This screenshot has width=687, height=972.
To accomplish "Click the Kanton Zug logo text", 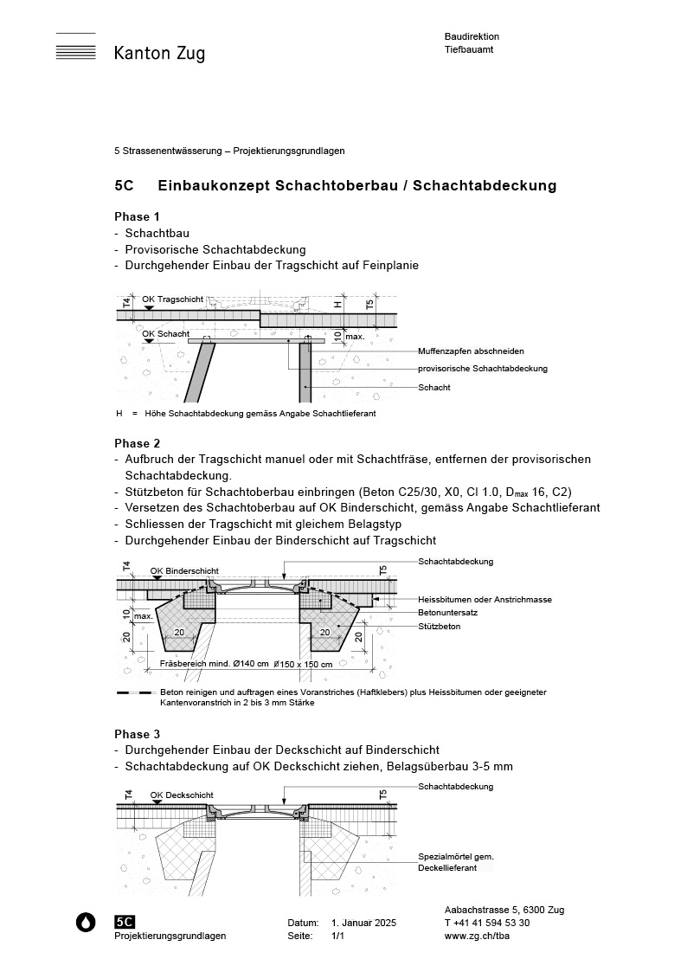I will click(x=159, y=54).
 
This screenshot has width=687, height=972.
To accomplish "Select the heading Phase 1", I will click(x=138, y=216).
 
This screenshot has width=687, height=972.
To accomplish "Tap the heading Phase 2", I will click(x=138, y=443).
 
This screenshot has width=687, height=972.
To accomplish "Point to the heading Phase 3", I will click(x=138, y=734).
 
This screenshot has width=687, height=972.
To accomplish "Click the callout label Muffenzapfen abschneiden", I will click(x=471, y=351).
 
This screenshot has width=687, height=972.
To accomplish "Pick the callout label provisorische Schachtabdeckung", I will click(x=482, y=369).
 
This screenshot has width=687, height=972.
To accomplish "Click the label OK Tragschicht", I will click(x=173, y=299).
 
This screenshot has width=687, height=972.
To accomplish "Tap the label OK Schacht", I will click(x=165, y=333).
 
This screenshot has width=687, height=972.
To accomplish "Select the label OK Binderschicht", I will click(x=184, y=571).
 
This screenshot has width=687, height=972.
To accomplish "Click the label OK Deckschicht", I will click(x=182, y=795).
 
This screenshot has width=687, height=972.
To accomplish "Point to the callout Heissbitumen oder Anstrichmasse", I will click(x=485, y=599).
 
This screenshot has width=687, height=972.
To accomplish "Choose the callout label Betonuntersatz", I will click(x=447, y=612).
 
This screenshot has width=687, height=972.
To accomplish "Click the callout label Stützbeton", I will click(x=439, y=625).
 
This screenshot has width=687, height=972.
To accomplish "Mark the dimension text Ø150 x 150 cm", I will click(x=303, y=665).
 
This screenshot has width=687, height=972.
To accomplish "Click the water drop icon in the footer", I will click(x=86, y=923).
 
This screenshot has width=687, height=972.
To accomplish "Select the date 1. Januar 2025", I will click(x=363, y=924).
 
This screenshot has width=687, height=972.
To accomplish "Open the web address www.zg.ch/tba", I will click(x=474, y=937).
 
